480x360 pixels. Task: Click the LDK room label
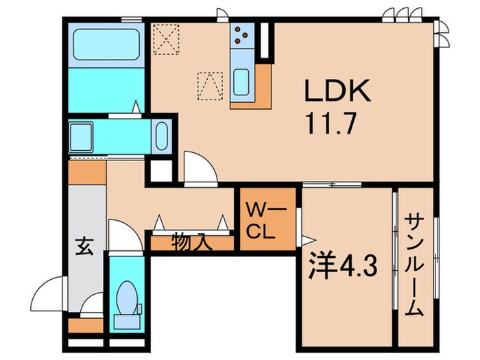(337, 91)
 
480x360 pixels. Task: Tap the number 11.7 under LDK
(331, 123)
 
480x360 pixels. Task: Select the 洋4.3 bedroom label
(342, 265)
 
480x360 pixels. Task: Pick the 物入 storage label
(191, 243)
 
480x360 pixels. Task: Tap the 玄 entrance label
(84, 246)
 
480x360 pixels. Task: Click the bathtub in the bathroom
(106, 45)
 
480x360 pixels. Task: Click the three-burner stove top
(242, 35)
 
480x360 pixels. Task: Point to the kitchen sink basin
(241, 82)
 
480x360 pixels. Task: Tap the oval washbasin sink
(162, 136)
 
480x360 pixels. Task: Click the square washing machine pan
(81, 136)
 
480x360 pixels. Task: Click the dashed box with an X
(166, 39)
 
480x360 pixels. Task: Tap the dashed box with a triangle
(210, 86)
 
